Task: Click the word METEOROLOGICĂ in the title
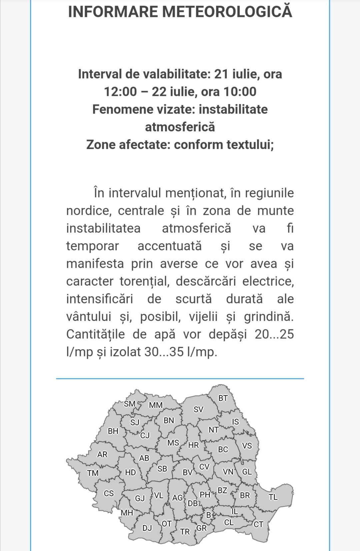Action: point(227,12)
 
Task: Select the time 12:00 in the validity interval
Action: point(120,92)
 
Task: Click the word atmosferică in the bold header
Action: point(180,127)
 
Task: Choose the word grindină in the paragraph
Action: point(269,316)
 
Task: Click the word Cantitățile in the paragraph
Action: point(95,334)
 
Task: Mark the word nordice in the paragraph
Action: point(88,211)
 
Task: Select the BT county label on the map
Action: point(223,398)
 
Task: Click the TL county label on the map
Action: point(273,497)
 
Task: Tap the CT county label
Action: point(258,524)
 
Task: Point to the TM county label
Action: point(93,473)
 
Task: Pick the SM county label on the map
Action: point(130,404)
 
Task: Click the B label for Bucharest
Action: point(209,515)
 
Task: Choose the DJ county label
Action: point(147,528)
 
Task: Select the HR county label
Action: point(193,445)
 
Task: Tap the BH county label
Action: point(113,431)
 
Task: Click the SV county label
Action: point(198,409)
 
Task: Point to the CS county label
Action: point(109,493)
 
